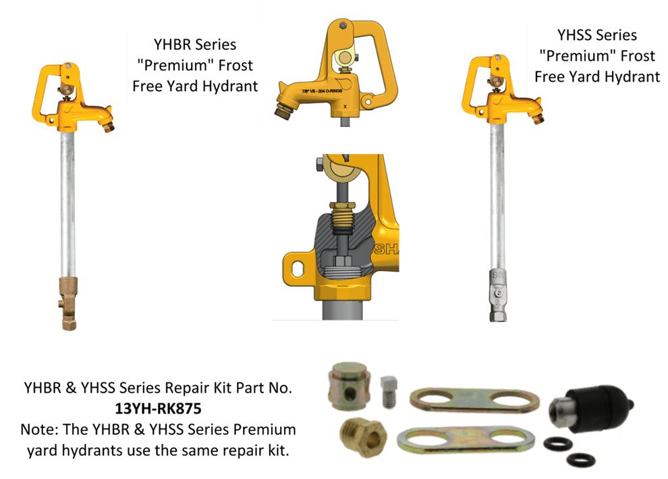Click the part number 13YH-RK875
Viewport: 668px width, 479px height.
pos(158,409)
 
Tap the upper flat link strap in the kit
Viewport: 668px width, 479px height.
pos(474,399)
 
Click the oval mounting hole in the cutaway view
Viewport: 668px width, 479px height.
pos(295,263)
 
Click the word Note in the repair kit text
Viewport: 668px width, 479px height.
pos(37,430)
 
